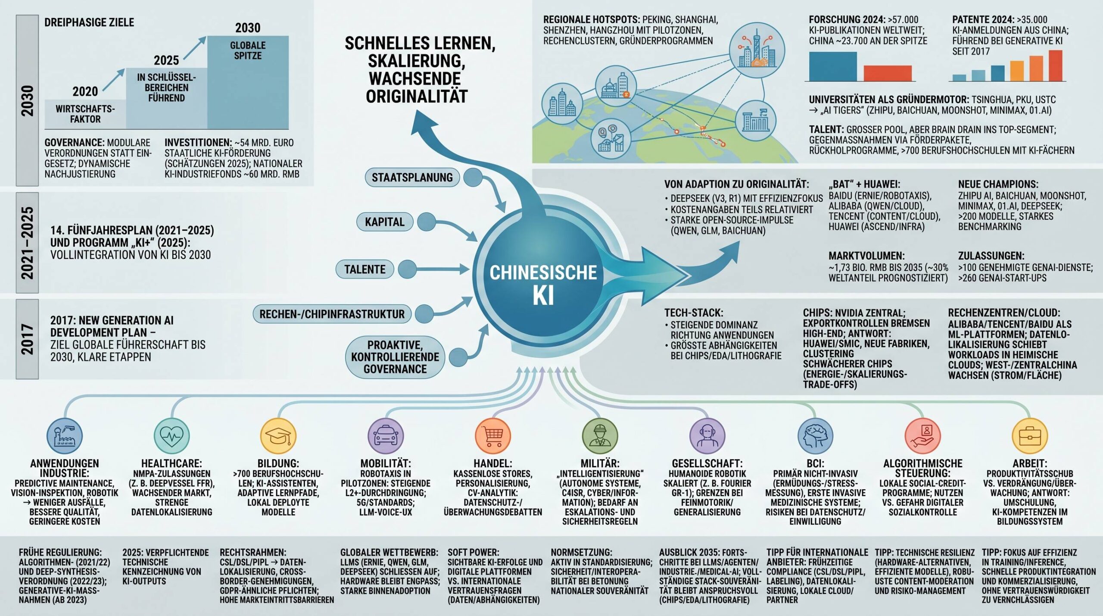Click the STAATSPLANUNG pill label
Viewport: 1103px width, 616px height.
(x=412, y=177)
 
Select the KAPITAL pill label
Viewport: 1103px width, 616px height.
(x=385, y=222)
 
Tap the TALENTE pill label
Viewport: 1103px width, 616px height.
(x=365, y=269)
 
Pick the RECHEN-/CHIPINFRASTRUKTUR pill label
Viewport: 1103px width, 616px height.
(x=332, y=314)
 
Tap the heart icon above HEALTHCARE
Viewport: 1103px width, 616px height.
(x=171, y=436)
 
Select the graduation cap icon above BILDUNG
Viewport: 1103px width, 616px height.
(x=278, y=436)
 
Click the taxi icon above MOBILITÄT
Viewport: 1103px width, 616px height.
(x=386, y=436)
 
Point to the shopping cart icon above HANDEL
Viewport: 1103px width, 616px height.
(x=493, y=436)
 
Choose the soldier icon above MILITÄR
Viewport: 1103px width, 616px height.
(x=600, y=436)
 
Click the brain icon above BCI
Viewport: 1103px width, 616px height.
(x=815, y=436)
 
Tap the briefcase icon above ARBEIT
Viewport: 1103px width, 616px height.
(x=1030, y=436)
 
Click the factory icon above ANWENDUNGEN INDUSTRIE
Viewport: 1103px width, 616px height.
(x=64, y=436)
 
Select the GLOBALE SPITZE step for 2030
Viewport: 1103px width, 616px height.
(x=248, y=82)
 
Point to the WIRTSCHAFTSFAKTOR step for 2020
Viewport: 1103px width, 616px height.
(x=85, y=114)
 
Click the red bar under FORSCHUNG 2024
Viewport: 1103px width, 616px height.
(x=888, y=73)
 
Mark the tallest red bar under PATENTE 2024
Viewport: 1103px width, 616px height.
(x=1056, y=65)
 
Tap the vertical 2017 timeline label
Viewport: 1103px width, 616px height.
(x=27, y=339)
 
